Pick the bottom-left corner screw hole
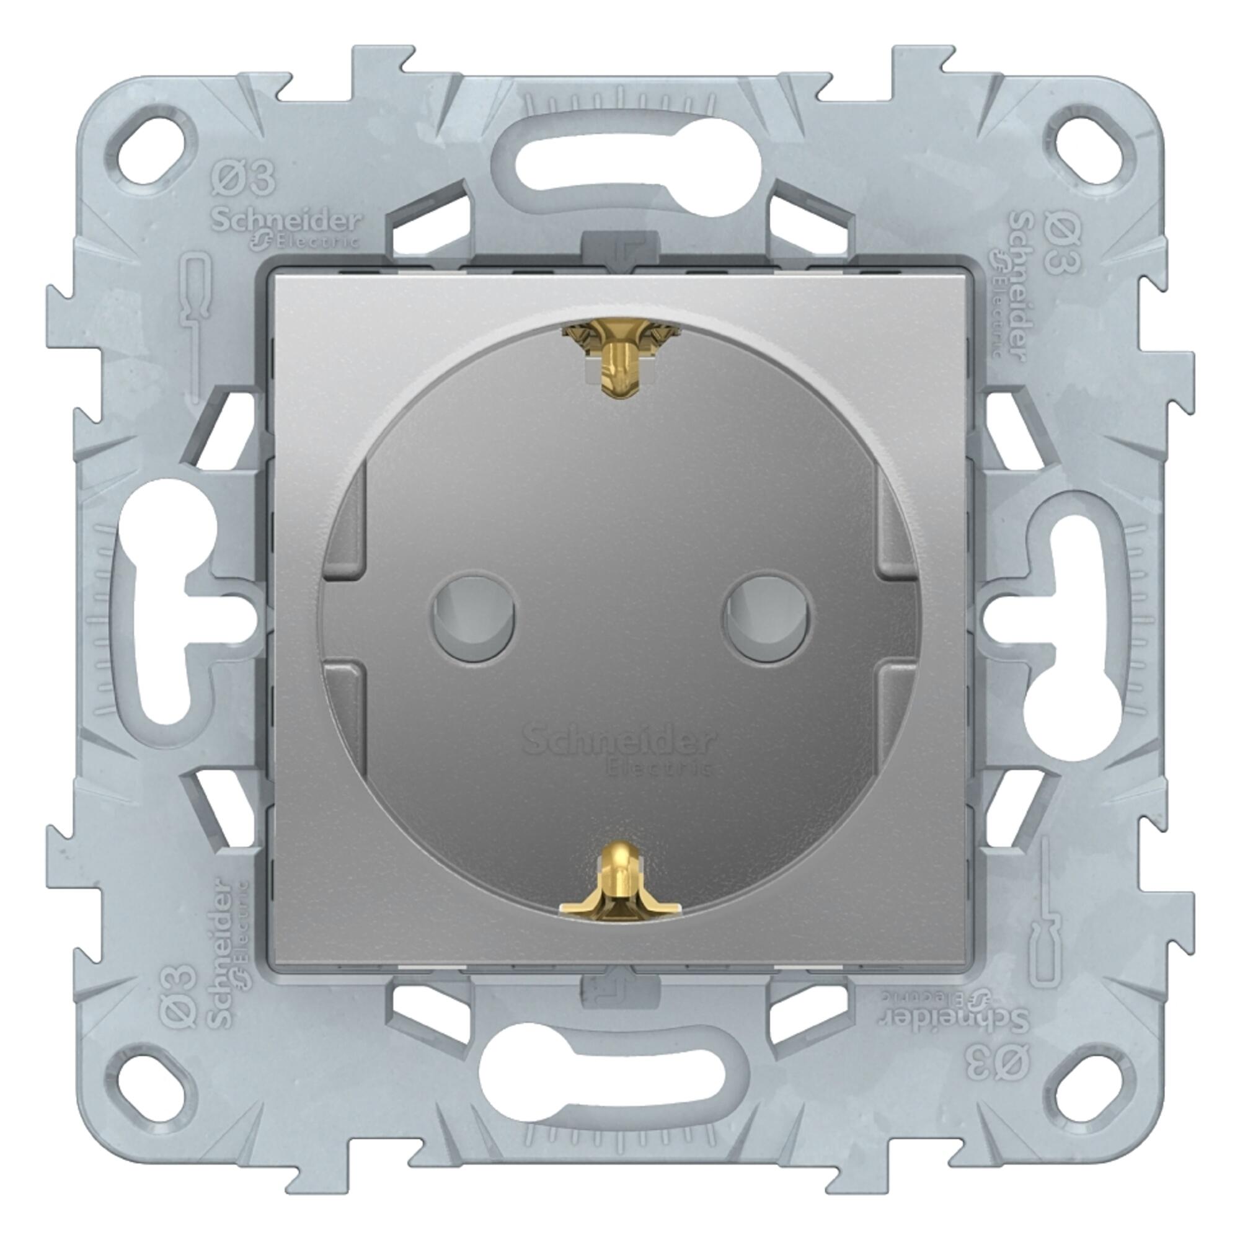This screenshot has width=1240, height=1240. [x=153, y=1084]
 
